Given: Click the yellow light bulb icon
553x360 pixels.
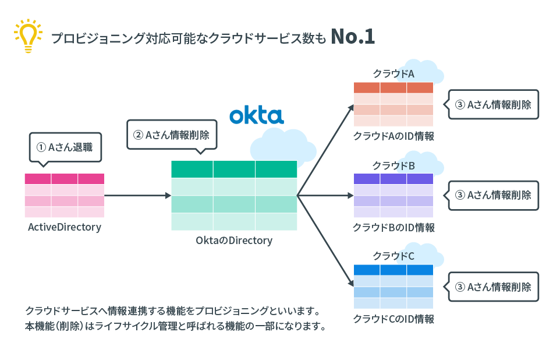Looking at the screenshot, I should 26,36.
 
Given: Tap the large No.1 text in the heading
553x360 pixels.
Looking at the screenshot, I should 352,37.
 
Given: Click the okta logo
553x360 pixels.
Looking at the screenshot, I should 256,115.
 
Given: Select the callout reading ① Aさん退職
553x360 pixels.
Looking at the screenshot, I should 65,147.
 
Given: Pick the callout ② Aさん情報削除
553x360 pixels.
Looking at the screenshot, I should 172,135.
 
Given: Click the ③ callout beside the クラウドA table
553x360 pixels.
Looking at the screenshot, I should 493,104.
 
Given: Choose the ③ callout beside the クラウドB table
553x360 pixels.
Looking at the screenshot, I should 493,195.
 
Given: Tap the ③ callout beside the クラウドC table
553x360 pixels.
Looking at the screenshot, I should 493,287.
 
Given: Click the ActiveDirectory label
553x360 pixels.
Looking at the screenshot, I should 65,227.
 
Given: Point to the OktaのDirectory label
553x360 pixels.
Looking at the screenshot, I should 234,240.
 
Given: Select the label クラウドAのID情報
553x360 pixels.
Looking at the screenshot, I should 394,136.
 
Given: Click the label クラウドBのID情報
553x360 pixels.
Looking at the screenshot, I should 394,227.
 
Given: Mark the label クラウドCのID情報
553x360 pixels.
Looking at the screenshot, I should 394,319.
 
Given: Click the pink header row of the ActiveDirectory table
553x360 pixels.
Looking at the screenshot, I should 65,179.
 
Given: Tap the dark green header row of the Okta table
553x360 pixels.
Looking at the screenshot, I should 234,169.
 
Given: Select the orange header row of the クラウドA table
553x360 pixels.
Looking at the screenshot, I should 394,88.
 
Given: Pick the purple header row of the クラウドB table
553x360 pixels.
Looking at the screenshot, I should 394,179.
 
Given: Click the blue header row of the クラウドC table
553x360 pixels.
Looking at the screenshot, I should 394,270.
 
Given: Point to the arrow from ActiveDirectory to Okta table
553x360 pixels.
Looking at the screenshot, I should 137,196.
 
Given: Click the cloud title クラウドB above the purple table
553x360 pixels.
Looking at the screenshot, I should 394,165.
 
